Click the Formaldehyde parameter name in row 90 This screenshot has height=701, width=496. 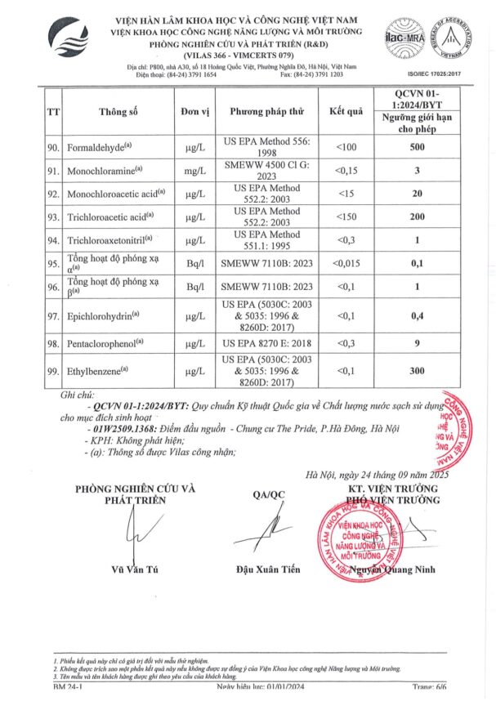[102, 148]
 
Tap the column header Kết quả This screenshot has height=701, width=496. [346, 110]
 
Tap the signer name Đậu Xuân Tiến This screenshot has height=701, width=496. [267, 569]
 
